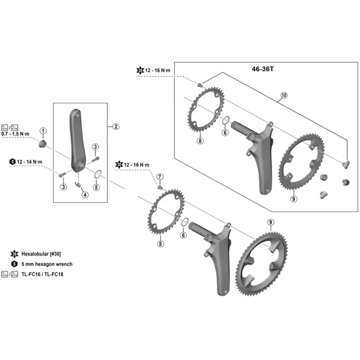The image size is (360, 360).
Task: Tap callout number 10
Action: (283, 95)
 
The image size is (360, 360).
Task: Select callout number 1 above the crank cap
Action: (43, 130)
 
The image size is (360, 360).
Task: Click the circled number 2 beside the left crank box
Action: (116, 126)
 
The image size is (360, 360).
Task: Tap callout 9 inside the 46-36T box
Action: (293, 198)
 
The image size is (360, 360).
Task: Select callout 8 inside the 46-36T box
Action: (200, 141)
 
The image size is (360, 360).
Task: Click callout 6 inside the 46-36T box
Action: (225, 133)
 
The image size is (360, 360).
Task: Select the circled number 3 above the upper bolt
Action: (95, 147)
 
